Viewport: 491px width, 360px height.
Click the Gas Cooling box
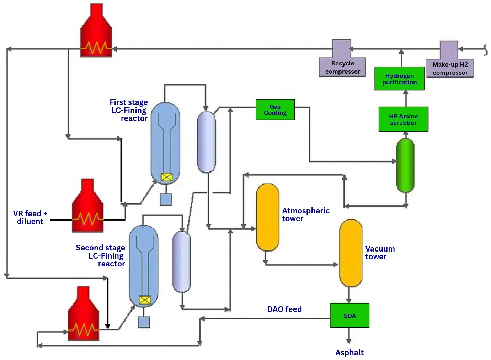click(x=275, y=110)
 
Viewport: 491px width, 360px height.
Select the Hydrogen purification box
click(x=399, y=79)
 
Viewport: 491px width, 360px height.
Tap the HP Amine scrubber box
click(x=403, y=120)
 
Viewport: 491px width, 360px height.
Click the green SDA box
click(x=349, y=316)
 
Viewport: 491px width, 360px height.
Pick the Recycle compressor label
click(x=342, y=67)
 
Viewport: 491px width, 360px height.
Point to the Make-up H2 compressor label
click(x=450, y=68)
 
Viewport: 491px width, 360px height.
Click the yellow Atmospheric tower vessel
click(x=267, y=217)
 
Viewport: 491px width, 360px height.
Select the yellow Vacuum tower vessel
click(x=351, y=253)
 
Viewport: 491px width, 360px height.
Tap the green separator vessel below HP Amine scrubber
click(x=405, y=165)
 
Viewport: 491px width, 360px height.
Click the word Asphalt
click(x=349, y=353)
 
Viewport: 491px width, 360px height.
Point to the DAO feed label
click(x=284, y=309)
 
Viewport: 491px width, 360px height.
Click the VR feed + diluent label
click(x=30, y=217)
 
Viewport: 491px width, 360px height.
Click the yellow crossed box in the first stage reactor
click(x=166, y=177)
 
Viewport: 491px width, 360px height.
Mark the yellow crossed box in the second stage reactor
click(x=144, y=300)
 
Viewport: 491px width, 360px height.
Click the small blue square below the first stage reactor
click(x=166, y=199)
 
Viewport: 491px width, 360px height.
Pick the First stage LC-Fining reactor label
click(x=129, y=110)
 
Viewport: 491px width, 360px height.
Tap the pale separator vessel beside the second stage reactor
click(x=181, y=262)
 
